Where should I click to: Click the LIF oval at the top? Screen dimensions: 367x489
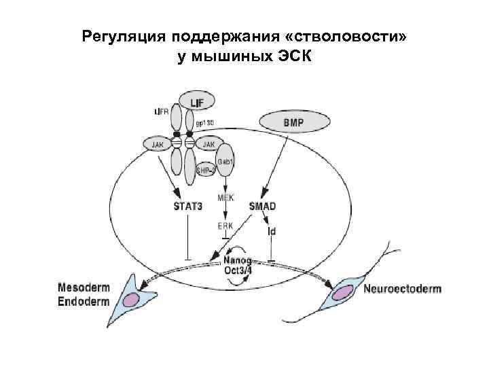[197, 102]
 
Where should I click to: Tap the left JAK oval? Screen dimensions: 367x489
[157, 144]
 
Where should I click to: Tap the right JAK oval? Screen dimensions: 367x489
[209, 144]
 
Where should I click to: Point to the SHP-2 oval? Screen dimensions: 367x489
[205, 170]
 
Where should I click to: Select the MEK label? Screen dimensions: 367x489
[226, 198]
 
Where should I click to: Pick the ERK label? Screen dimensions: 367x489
[225, 226]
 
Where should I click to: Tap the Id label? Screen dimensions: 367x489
[272, 231]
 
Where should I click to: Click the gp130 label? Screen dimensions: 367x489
[205, 123]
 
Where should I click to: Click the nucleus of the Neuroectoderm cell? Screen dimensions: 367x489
[343, 292]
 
